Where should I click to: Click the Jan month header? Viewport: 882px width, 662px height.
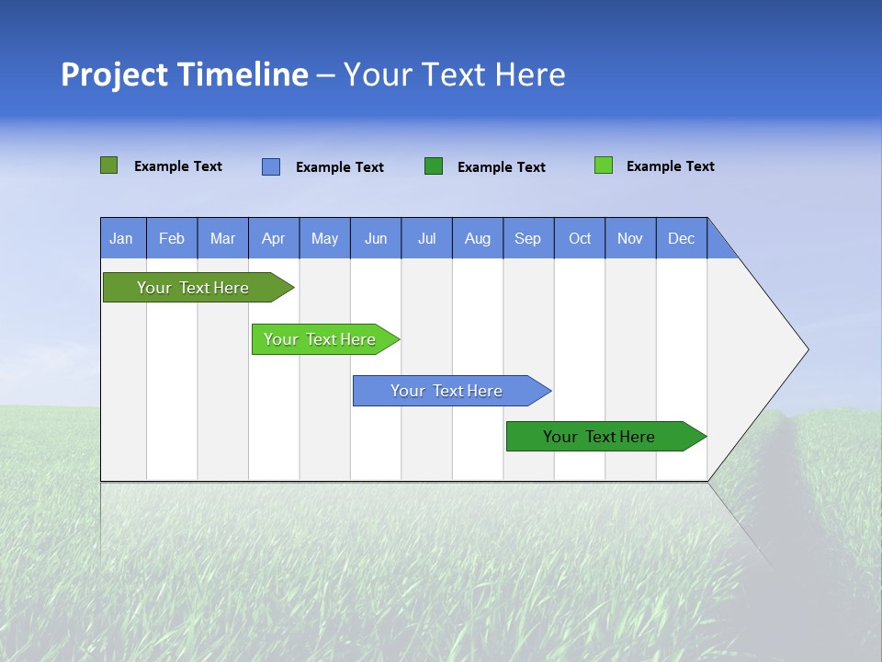click(x=122, y=238)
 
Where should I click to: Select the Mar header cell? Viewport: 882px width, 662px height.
click(x=222, y=238)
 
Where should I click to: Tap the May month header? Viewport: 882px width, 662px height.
click(x=324, y=238)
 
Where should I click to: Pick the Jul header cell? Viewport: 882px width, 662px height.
click(x=426, y=238)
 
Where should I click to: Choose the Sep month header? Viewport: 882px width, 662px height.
click(x=527, y=238)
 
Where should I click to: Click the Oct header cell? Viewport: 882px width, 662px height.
click(x=579, y=238)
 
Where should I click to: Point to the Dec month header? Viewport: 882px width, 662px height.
click(x=681, y=238)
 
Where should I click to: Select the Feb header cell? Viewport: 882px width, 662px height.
click(x=172, y=238)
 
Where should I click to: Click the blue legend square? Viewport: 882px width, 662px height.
click(x=271, y=166)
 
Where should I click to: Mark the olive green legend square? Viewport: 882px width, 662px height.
click(x=109, y=165)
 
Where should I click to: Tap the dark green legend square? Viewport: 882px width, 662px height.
click(x=434, y=166)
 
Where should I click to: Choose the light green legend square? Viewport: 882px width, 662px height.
click(x=604, y=165)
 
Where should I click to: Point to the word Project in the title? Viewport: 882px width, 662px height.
click(x=114, y=74)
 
